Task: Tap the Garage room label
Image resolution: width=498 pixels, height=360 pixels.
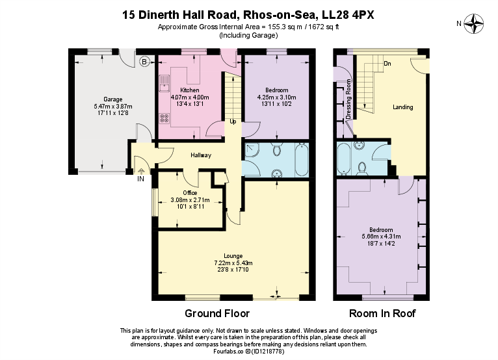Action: pyautogui.click(x=103, y=99)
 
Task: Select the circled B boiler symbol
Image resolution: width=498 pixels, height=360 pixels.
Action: pyautogui.click(x=144, y=62)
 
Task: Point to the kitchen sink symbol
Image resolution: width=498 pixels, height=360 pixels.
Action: pyautogui.click(x=165, y=83)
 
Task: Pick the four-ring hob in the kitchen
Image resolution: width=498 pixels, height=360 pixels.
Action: pyautogui.click(x=164, y=118)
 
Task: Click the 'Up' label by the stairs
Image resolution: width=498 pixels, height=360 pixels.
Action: pyautogui.click(x=233, y=122)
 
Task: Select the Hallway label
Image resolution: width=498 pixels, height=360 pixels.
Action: pyautogui.click(x=200, y=155)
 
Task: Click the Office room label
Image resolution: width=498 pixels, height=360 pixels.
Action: pyautogui.click(x=190, y=193)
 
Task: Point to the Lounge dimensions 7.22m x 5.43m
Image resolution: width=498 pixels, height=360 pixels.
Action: pyautogui.click(x=233, y=263)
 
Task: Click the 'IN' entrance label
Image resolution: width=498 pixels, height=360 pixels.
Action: pyautogui.click(x=140, y=179)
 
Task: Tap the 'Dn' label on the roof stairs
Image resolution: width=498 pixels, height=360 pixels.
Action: pyautogui.click(x=387, y=64)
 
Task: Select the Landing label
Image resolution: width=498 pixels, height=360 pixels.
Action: pyautogui.click(x=403, y=107)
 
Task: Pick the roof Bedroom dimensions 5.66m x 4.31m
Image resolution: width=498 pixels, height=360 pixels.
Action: pyautogui.click(x=381, y=237)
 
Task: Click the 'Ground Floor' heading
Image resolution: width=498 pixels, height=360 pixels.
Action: pyautogui.click(x=217, y=313)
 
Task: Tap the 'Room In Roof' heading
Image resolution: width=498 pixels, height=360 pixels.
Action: pyautogui.click(x=382, y=313)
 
